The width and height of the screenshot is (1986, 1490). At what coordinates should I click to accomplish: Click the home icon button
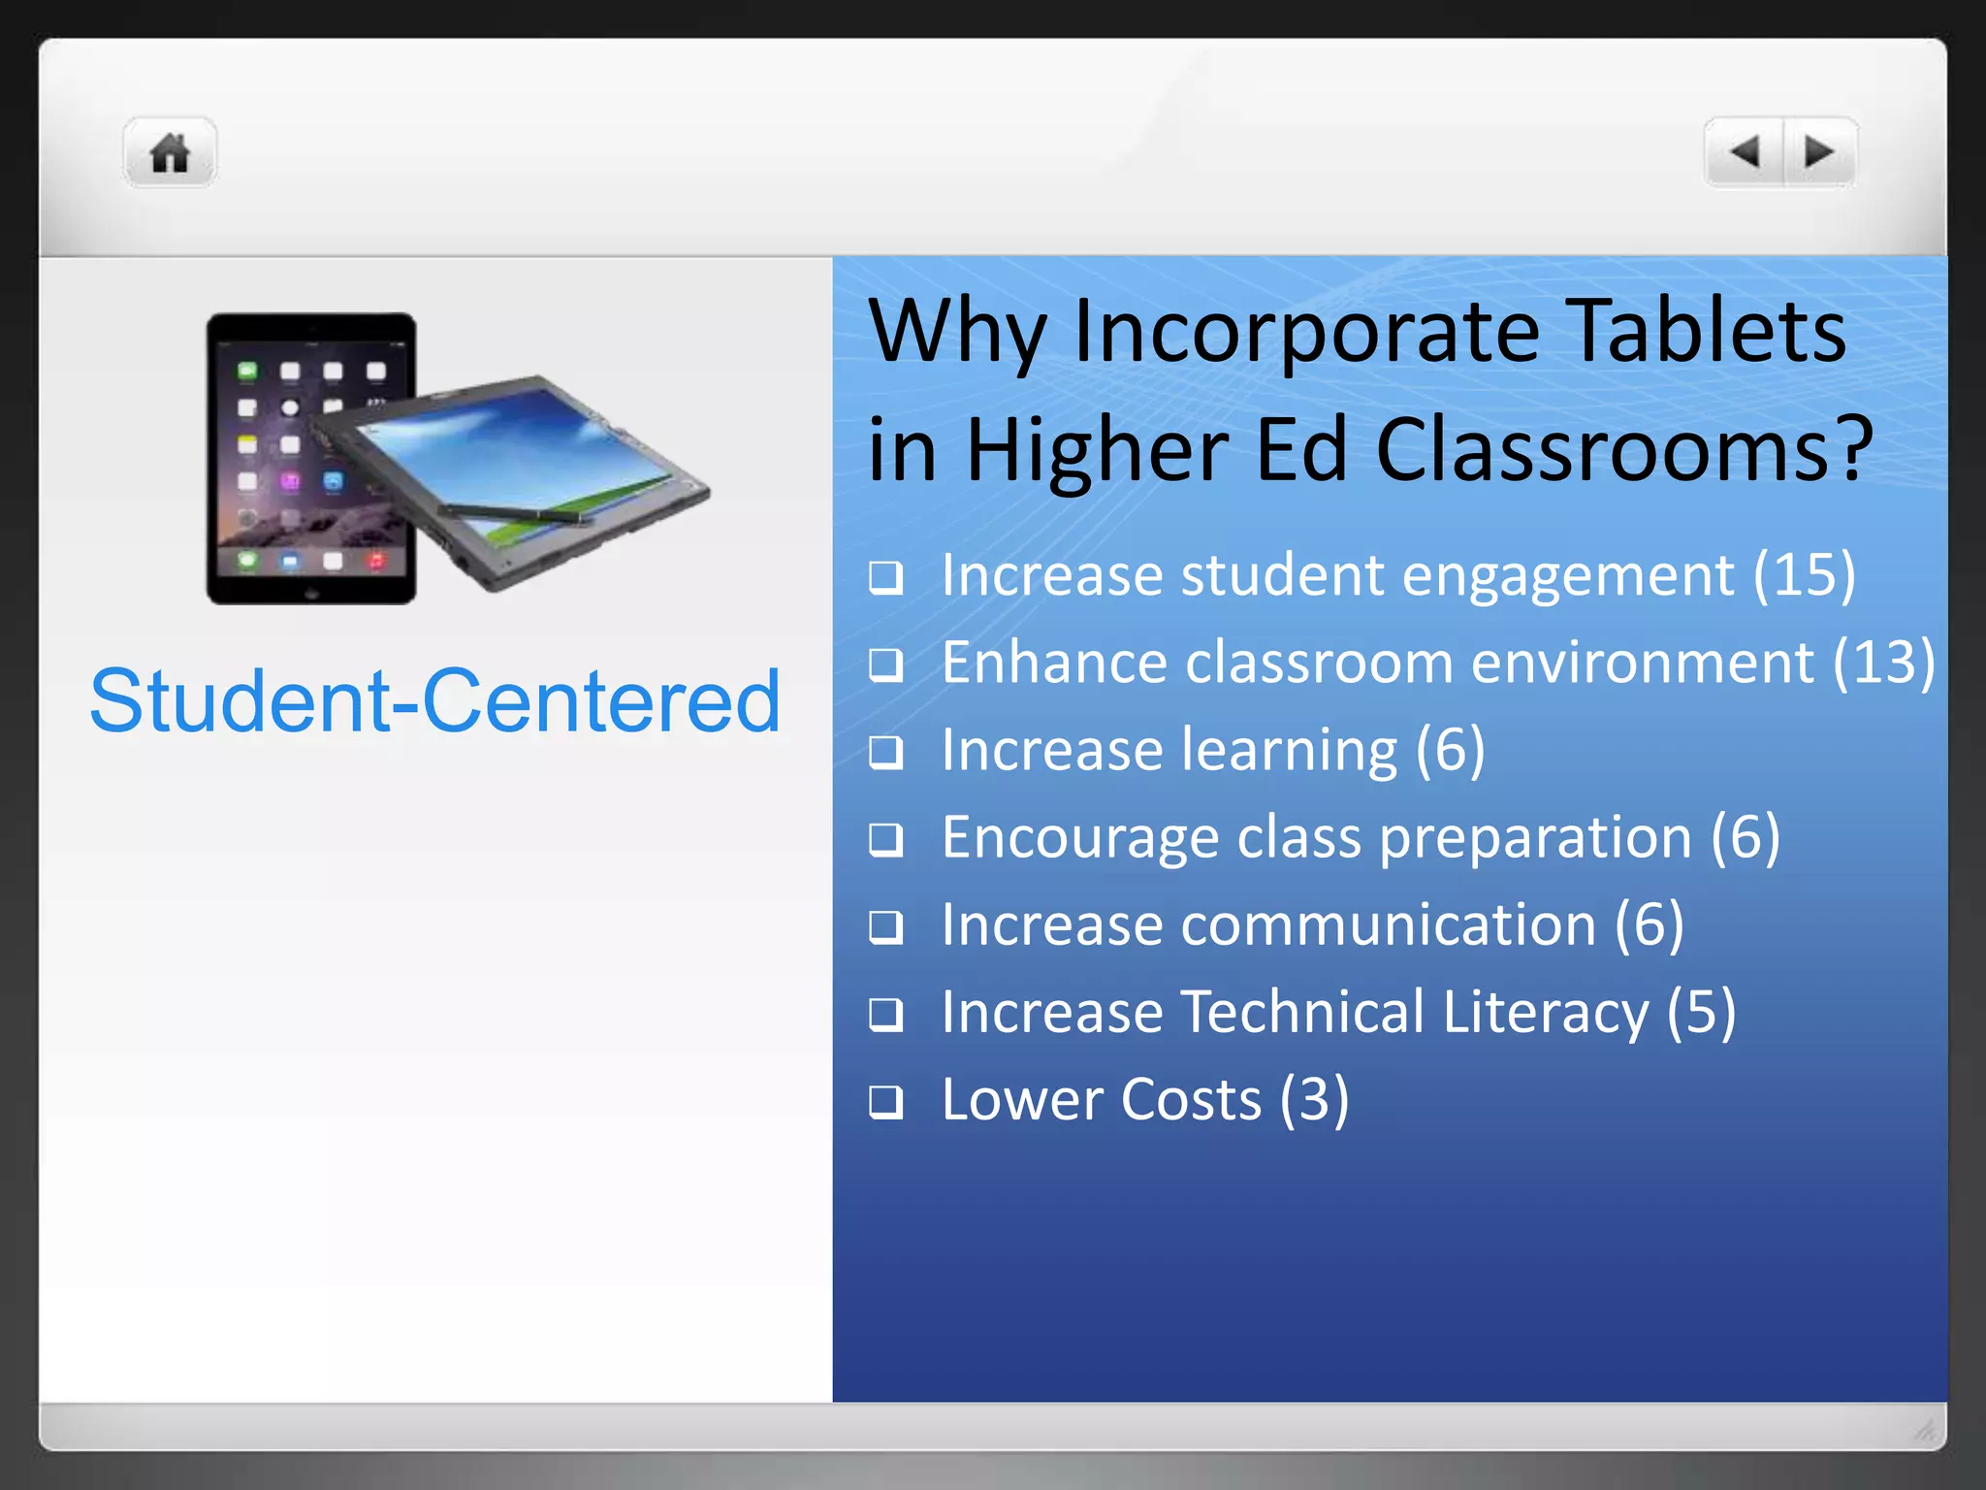pos(170,152)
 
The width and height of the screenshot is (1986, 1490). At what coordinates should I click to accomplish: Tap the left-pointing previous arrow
pos(1745,152)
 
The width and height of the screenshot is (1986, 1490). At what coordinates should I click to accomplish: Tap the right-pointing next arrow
pos(1819,152)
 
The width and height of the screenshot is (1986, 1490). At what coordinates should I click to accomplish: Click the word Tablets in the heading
pos(1706,331)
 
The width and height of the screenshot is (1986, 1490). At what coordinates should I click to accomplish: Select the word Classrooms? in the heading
pos(1624,450)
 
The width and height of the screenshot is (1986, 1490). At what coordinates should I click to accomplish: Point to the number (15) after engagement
pos(1804,574)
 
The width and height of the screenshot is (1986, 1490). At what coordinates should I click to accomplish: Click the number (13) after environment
pos(1883,663)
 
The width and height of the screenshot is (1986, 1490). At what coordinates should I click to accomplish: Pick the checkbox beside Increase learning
pos(885,753)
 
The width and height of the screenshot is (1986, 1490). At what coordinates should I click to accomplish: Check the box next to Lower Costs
pos(885,1102)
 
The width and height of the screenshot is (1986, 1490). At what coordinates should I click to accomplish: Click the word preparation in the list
pos(1535,837)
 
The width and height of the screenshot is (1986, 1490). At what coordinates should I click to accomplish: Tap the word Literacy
pos(1545,1012)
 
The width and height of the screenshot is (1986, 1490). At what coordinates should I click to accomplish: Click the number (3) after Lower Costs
pos(1314,1100)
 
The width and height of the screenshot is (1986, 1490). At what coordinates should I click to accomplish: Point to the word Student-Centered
pos(435,700)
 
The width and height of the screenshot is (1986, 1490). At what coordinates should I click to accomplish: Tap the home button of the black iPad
pos(311,593)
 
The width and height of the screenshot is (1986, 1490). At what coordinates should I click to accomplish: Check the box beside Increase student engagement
pos(885,578)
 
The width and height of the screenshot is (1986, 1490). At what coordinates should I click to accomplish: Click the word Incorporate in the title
pos(1306,331)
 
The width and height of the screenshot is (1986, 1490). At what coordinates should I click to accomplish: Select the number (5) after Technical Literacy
pos(1701,1012)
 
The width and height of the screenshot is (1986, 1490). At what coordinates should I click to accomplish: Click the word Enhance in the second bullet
pos(1054,663)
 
